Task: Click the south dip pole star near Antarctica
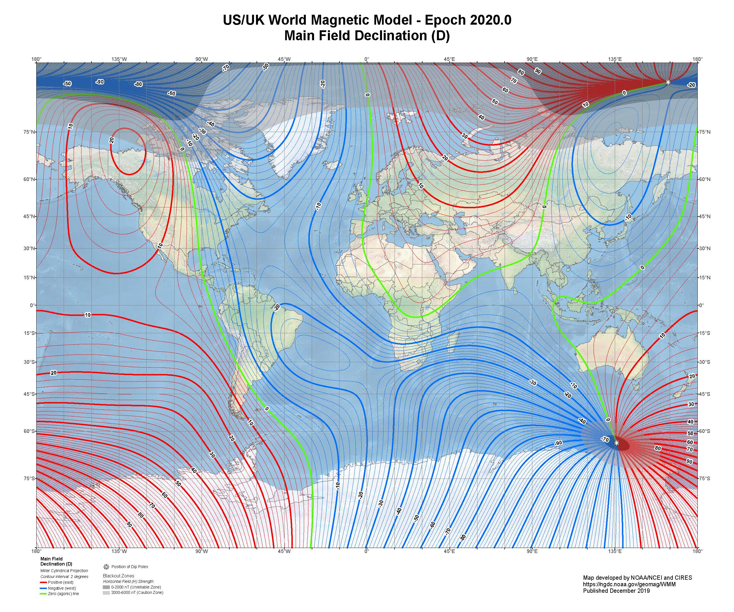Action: (x=616, y=443)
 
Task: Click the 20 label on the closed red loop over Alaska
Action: (x=112, y=140)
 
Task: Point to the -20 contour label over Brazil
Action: (x=276, y=307)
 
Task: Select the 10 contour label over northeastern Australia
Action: (x=662, y=336)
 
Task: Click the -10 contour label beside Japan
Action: (x=628, y=217)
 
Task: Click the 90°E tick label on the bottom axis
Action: (x=532, y=551)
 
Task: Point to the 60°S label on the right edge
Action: (x=704, y=431)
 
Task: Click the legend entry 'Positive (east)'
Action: (x=61, y=582)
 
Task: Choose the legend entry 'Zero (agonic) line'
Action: (x=63, y=594)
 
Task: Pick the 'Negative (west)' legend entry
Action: (x=61, y=588)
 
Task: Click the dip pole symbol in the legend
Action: (x=106, y=567)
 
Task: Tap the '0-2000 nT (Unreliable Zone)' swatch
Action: (x=106, y=587)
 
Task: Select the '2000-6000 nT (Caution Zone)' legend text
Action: (x=137, y=593)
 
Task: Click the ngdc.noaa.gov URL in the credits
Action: (x=629, y=584)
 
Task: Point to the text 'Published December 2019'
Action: (x=616, y=591)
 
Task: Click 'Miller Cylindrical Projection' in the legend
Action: (x=64, y=571)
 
